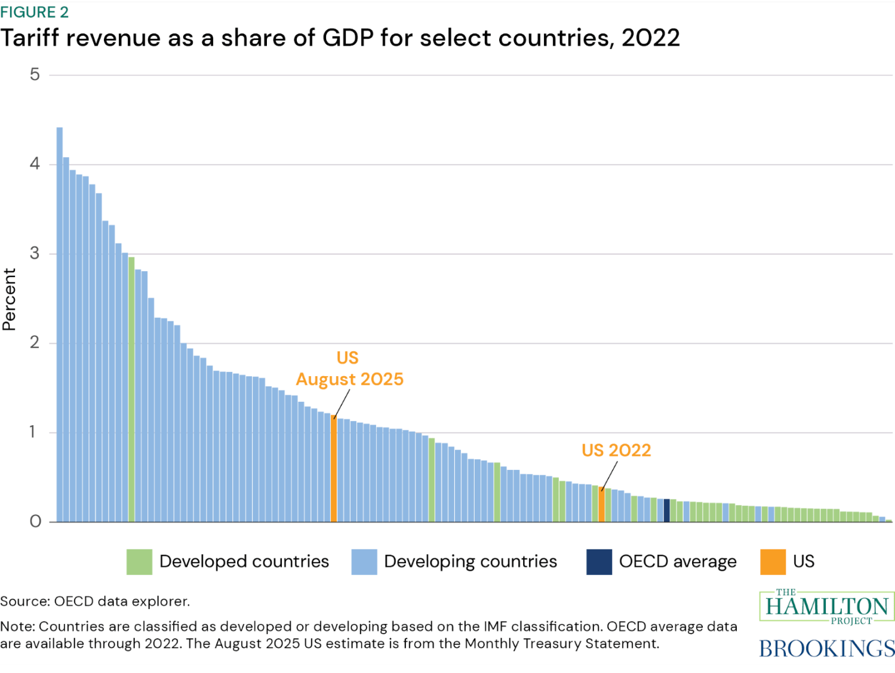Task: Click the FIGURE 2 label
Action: [x=35, y=12]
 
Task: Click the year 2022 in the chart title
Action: [x=651, y=38]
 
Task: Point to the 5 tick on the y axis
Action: [x=35, y=75]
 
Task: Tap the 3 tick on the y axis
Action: [x=35, y=253]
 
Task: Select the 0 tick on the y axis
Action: [x=35, y=522]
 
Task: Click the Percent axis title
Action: [x=9, y=299]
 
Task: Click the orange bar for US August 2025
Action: [x=334, y=469]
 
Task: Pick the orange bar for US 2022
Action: [x=602, y=505]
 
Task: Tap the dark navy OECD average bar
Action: [x=667, y=511]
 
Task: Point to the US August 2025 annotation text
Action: [x=349, y=368]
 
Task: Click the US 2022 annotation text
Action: [x=616, y=450]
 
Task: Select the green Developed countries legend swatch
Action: [x=139, y=562]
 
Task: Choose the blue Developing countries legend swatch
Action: [x=364, y=562]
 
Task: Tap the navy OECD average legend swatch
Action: [x=599, y=562]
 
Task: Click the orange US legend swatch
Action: [x=773, y=562]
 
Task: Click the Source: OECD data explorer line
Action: [x=95, y=601]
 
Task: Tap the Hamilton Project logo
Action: [x=827, y=607]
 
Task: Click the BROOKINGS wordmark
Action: [x=827, y=649]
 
